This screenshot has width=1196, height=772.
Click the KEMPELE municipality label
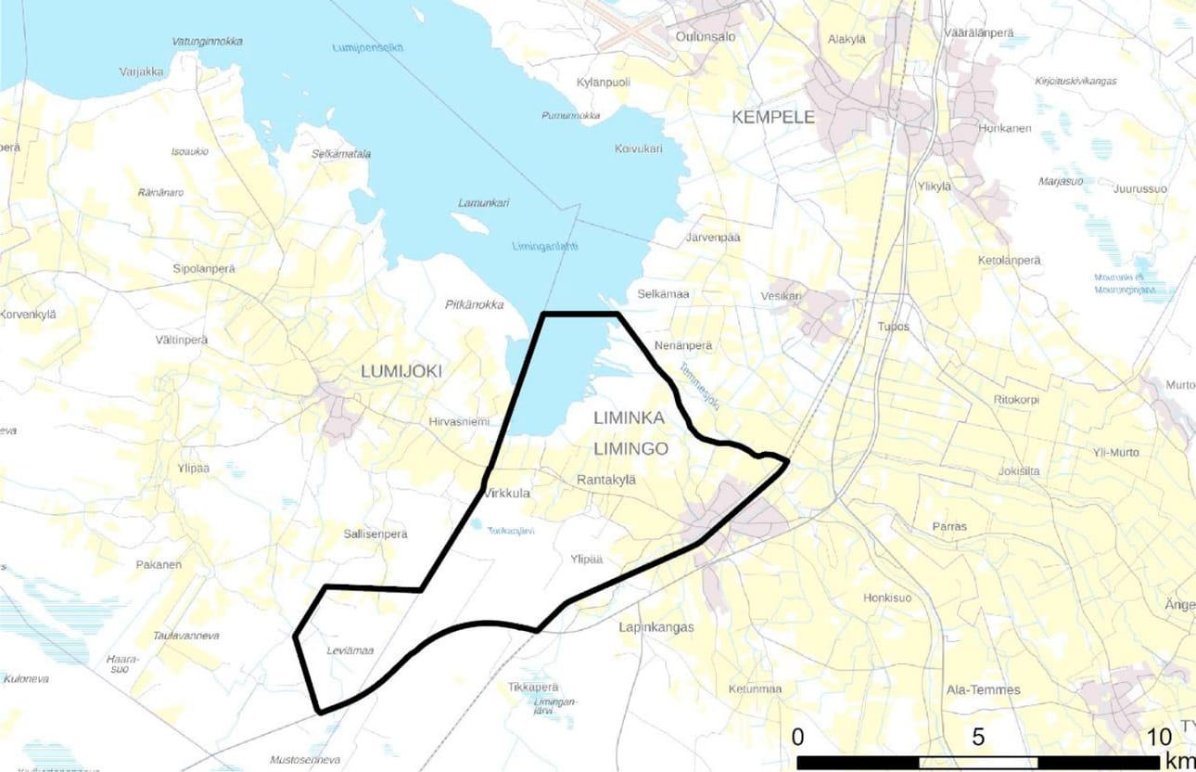pyautogui.click(x=772, y=118)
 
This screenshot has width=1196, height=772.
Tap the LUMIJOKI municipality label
pyautogui.click(x=401, y=371)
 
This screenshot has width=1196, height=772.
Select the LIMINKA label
pyautogui.click(x=630, y=418)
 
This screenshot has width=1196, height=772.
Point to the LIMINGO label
pyautogui.click(x=630, y=448)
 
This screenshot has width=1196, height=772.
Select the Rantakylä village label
pyautogui.click(x=603, y=480)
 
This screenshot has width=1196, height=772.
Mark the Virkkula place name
pyautogui.click(x=505, y=494)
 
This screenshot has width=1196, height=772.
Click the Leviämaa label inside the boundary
pyautogui.click(x=350, y=650)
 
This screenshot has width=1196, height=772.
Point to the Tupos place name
pyautogui.click(x=895, y=327)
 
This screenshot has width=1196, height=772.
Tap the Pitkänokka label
pyautogui.click(x=474, y=304)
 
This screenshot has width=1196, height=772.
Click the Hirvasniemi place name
pyautogui.click(x=458, y=421)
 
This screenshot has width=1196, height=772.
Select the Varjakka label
pyautogui.click(x=141, y=71)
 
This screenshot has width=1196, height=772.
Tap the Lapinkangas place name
pyautogui.click(x=655, y=627)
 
